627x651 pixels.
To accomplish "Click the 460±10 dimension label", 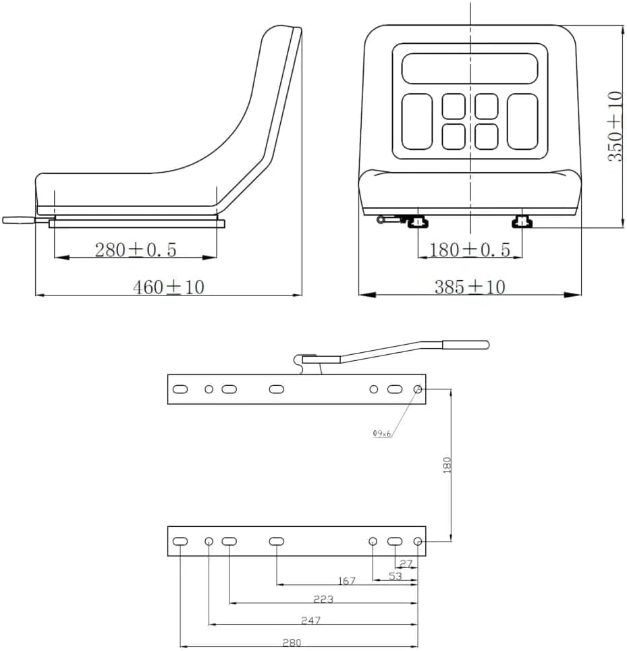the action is [x=169, y=287].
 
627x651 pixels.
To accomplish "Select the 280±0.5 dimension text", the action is [x=136, y=250].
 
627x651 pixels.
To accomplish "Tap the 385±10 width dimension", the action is [x=470, y=287].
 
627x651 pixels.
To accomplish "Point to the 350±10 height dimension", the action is [x=616, y=126].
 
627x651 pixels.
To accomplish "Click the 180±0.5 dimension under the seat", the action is [x=470, y=250].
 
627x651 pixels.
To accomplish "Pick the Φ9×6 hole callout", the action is [x=381, y=434].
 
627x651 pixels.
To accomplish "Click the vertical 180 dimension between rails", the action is [x=447, y=465].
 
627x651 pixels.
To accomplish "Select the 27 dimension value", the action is [x=406, y=563].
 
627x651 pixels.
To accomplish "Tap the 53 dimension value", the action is [x=396, y=576].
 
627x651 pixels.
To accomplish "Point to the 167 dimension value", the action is [x=347, y=580].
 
